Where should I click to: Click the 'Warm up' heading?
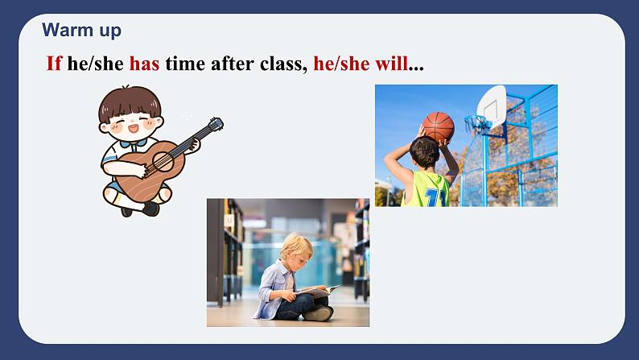[81, 31]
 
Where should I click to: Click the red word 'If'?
[54, 64]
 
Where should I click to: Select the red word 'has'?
[144, 64]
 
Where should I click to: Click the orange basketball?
[439, 126]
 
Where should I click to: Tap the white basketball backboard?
[491, 103]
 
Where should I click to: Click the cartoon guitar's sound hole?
[159, 161]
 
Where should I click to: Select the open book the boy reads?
[319, 289]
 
